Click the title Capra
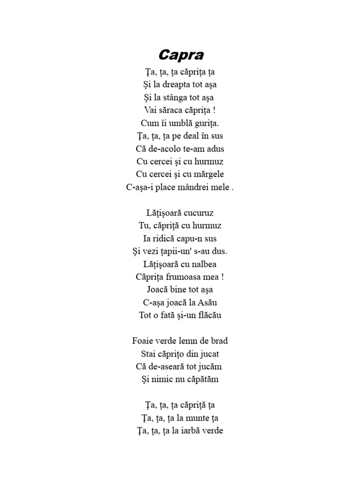[181, 55]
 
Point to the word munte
[196, 418]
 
